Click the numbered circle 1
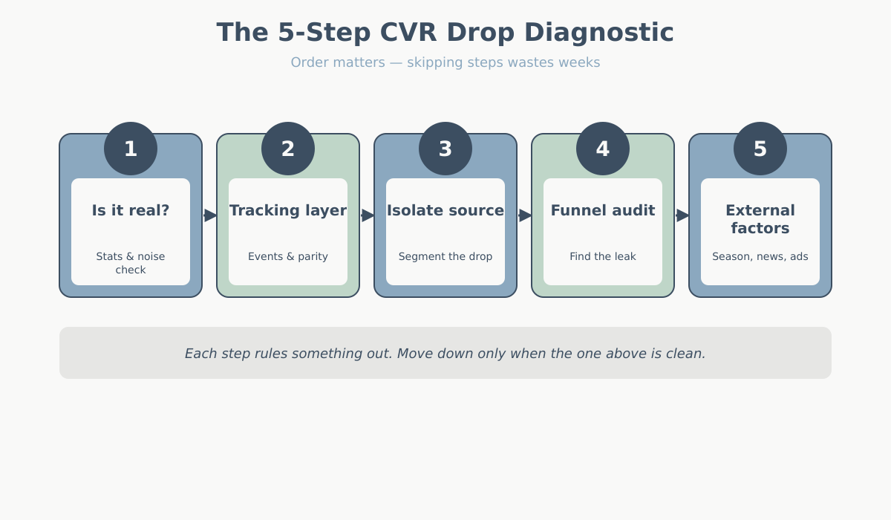tap(131, 149)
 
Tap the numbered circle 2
tap(288, 149)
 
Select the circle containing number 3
tap(446, 149)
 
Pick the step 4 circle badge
tap(603, 149)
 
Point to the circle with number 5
tap(760, 149)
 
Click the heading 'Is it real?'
tap(131, 210)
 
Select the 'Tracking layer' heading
tap(288, 210)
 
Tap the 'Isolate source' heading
tap(446, 210)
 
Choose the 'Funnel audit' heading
tap(603, 210)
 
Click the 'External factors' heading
tap(760, 219)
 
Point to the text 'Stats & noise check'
tap(131, 263)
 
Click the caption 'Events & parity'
tap(288, 256)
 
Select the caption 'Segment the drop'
tap(446, 256)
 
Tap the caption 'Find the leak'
tap(603, 256)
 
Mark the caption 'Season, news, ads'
tap(760, 256)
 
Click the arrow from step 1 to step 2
tap(210, 215)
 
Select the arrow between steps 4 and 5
tap(682, 215)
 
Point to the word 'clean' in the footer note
tap(684, 354)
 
